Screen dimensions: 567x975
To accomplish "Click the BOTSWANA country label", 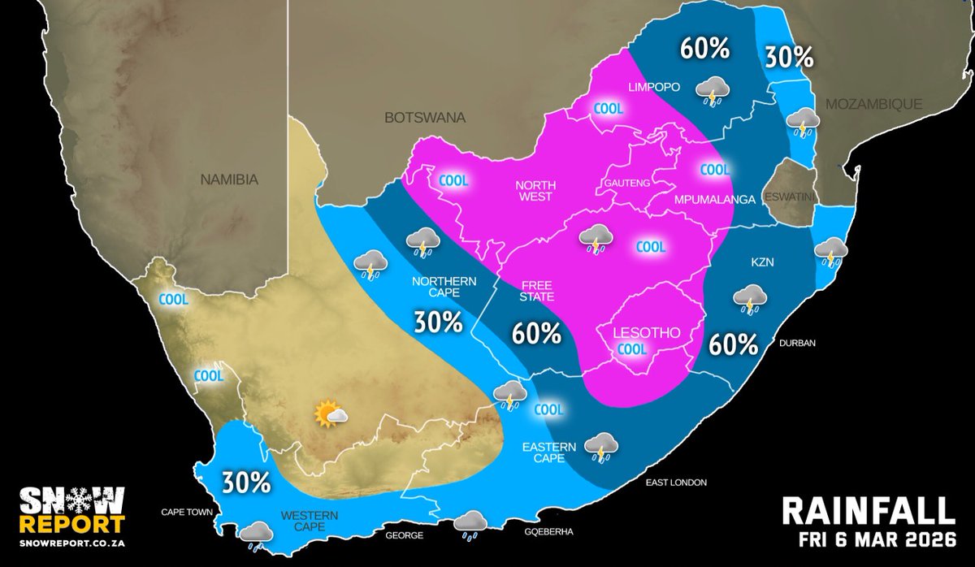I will pos(425,118).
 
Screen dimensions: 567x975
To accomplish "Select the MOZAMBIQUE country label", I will pos(873,104).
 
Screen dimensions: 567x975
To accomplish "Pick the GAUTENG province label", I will pos(626,184).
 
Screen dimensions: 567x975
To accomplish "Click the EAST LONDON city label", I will pos(677,483).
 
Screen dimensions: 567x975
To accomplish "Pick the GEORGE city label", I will pos(404,535).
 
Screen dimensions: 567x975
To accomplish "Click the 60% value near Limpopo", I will pos(704,50).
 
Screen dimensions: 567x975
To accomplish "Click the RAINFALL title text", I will pos(867,512).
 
